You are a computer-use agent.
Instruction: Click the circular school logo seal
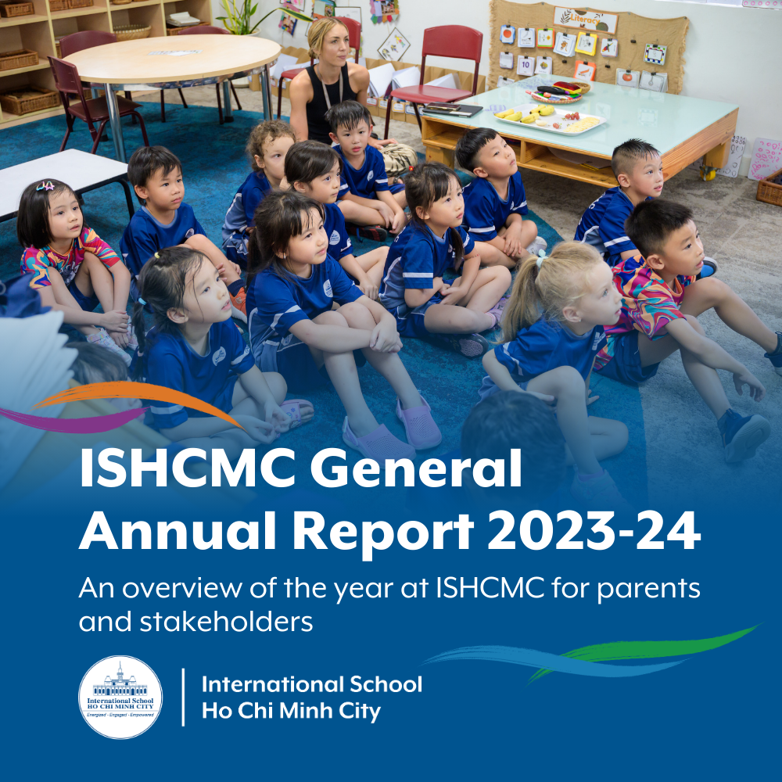[121, 697]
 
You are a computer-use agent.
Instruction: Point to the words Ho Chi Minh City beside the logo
[291, 712]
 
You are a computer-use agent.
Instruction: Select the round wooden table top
[173, 56]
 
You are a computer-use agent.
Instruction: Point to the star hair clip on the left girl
[45, 185]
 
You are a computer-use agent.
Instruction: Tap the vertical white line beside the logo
[183, 697]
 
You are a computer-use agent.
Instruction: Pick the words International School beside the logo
[311, 684]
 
